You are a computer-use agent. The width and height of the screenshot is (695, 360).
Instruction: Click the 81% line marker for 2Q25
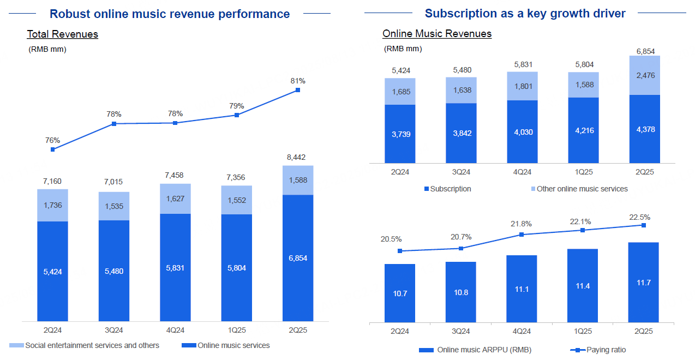point(298,90)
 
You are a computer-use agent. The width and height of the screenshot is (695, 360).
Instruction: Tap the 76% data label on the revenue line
point(53,140)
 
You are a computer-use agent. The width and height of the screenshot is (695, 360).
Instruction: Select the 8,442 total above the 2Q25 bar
point(298,158)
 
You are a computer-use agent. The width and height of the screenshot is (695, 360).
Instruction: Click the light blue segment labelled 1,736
point(53,205)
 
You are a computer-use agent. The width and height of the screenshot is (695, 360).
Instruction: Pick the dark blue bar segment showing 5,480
point(114,271)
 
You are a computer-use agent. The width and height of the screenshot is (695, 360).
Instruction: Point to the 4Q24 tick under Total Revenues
point(175,331)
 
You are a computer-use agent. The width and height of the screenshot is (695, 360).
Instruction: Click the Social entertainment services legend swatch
point(16,345)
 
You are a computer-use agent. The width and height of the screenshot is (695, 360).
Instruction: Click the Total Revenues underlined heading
point(63,34)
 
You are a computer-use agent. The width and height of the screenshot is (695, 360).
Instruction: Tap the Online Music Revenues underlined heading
point(437,34)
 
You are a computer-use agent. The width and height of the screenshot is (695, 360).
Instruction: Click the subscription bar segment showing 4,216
point(583,130)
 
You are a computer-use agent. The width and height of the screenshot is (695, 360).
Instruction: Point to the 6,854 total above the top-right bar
point(644,51)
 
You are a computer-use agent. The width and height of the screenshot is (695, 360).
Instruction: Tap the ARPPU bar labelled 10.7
point(400,293)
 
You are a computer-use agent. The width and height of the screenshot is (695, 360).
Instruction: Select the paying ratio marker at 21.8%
point(522,235)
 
